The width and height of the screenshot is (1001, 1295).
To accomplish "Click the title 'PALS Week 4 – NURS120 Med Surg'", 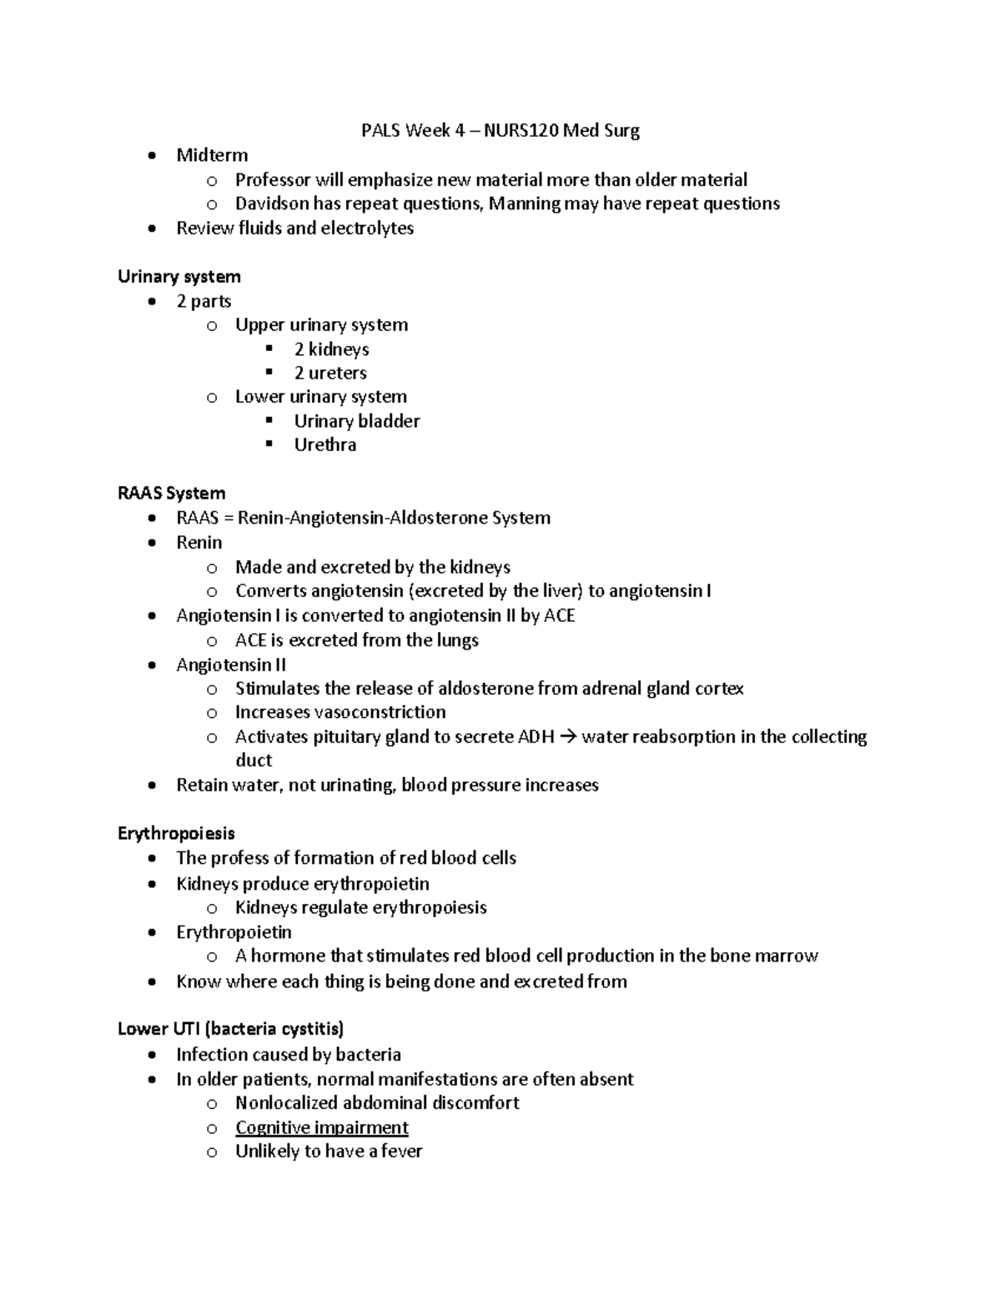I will (500, 131).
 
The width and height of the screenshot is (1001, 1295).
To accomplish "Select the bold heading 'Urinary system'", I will (179, 277).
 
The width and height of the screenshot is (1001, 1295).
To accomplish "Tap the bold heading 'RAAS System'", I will (172, 494).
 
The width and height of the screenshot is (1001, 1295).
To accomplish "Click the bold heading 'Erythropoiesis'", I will (176, 834).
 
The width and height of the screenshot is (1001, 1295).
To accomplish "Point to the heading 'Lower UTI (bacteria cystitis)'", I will (231, 1029).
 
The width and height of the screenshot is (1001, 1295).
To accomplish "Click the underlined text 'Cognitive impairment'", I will (322, 1128).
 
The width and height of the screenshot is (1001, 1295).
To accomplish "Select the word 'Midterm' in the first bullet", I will (212, 156).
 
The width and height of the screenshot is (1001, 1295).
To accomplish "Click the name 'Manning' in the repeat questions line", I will (524, 204).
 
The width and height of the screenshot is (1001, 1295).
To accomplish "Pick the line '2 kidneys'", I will (331, 349).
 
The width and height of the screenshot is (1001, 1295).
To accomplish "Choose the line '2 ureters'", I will (330, 374).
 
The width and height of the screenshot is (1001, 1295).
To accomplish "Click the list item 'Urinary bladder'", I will (357, 422).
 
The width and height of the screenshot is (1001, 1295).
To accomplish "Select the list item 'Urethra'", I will (325, 445).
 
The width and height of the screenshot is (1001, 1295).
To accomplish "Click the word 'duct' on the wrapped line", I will (254, 760).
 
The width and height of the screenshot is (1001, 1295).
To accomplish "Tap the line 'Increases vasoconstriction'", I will (340, 713).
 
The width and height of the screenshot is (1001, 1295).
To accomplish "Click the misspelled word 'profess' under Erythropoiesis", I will (238, 859).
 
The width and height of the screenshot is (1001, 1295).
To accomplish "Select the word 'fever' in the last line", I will (401, 1152).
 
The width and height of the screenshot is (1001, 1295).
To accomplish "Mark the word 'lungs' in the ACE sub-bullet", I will (456, 640).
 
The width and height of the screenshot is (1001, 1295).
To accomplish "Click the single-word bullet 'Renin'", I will (199, 543).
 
